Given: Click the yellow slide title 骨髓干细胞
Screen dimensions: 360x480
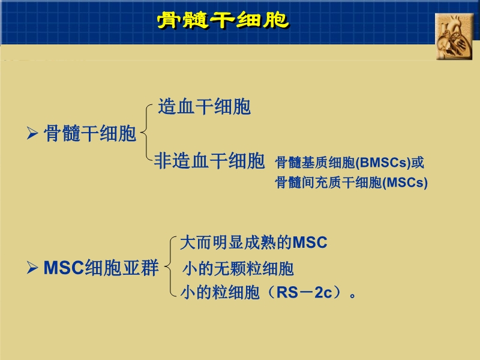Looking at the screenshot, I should (223, 20).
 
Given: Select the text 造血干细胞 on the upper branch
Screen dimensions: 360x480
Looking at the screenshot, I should (204, 107).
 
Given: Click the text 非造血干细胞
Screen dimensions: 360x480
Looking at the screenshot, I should (209, 161).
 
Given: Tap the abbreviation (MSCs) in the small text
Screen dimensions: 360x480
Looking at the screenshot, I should (405, 183).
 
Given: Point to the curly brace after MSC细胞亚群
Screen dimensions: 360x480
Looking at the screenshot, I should (171, 268).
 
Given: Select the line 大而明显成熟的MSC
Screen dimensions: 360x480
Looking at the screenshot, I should (253, 243).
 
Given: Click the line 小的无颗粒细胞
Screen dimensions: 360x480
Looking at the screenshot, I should (238, 268).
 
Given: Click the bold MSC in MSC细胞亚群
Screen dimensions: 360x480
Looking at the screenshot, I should (63, 268).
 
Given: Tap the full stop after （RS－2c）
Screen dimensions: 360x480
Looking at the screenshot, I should (353, 295).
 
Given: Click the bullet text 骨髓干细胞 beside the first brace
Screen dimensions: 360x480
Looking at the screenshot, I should (90, 134).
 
